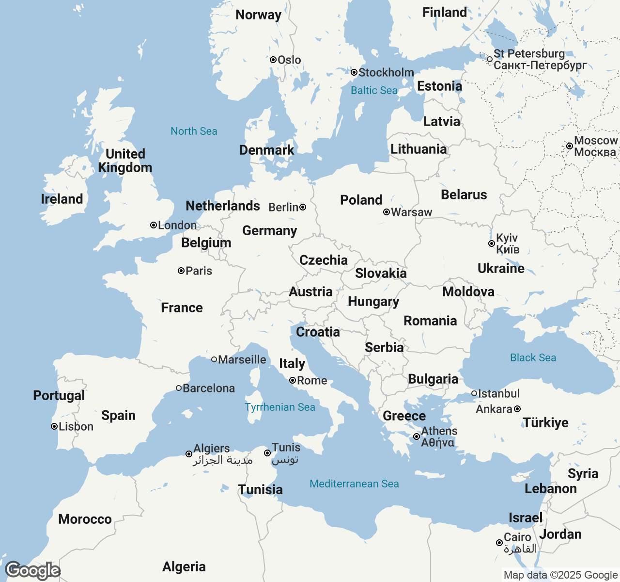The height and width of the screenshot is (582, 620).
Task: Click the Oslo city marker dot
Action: [x=273, y=60]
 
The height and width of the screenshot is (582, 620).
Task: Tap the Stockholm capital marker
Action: [x=354, y=72]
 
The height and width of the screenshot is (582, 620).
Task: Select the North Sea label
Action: [x=194, y=131]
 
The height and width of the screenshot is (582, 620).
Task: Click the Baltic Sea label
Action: [x=373, y=90]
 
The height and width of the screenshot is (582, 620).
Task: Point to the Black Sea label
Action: [x=533, y=357]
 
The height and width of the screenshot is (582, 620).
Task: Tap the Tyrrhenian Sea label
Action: [x=280, y=407]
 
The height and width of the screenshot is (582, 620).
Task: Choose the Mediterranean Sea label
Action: [x=354, y=484]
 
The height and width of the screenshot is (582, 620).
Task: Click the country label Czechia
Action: [x=324, y=260]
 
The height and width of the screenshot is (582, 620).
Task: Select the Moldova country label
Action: [x=468, y=291]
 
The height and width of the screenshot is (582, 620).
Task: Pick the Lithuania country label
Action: [x=418, y=149]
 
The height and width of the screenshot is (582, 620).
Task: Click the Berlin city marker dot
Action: [x=303, y=207]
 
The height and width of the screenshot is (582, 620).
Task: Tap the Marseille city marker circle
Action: [x=214, y=359]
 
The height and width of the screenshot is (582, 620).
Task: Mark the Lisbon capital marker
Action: [x=54, y=426]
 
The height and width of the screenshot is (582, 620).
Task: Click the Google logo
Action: [x=32, y=570]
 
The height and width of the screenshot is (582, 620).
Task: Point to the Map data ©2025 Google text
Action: [x=560, y=575]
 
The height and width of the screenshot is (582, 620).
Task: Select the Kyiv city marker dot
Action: [x=492, y=243]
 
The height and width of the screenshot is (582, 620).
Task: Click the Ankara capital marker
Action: [x=517, y=409]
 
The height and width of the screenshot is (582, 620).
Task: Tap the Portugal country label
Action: [x=59, y=395]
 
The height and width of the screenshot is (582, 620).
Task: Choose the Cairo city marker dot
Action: [x=499, y=543]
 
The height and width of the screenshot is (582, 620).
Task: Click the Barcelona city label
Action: [x=208, y=388]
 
